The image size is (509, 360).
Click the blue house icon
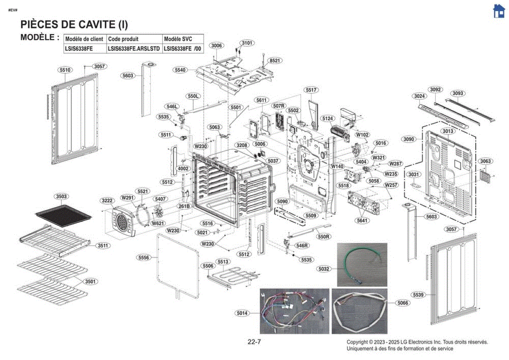tap(498, 11)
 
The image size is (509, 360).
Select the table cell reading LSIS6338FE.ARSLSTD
tap(134, 49)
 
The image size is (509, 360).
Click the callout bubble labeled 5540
tap(180, 70)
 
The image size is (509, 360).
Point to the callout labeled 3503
tap(62, 197)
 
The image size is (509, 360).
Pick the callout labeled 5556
tap(144, 257)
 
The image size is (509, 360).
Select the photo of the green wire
tap(362, 264)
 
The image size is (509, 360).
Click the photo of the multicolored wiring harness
tap(294, 311)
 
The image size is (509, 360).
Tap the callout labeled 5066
tap(403, 303)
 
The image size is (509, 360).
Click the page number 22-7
tap(254, 342)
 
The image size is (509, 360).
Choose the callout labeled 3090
tap(408, 139)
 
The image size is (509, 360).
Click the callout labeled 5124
tap(327, 118)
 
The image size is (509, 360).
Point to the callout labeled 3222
tap(107, 200)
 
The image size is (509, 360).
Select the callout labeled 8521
tap(275, 60)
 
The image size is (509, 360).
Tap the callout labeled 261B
tap(184, 206)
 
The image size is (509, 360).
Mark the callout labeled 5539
tap(418, 295)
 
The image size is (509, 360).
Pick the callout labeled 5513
tap(223, 262)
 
